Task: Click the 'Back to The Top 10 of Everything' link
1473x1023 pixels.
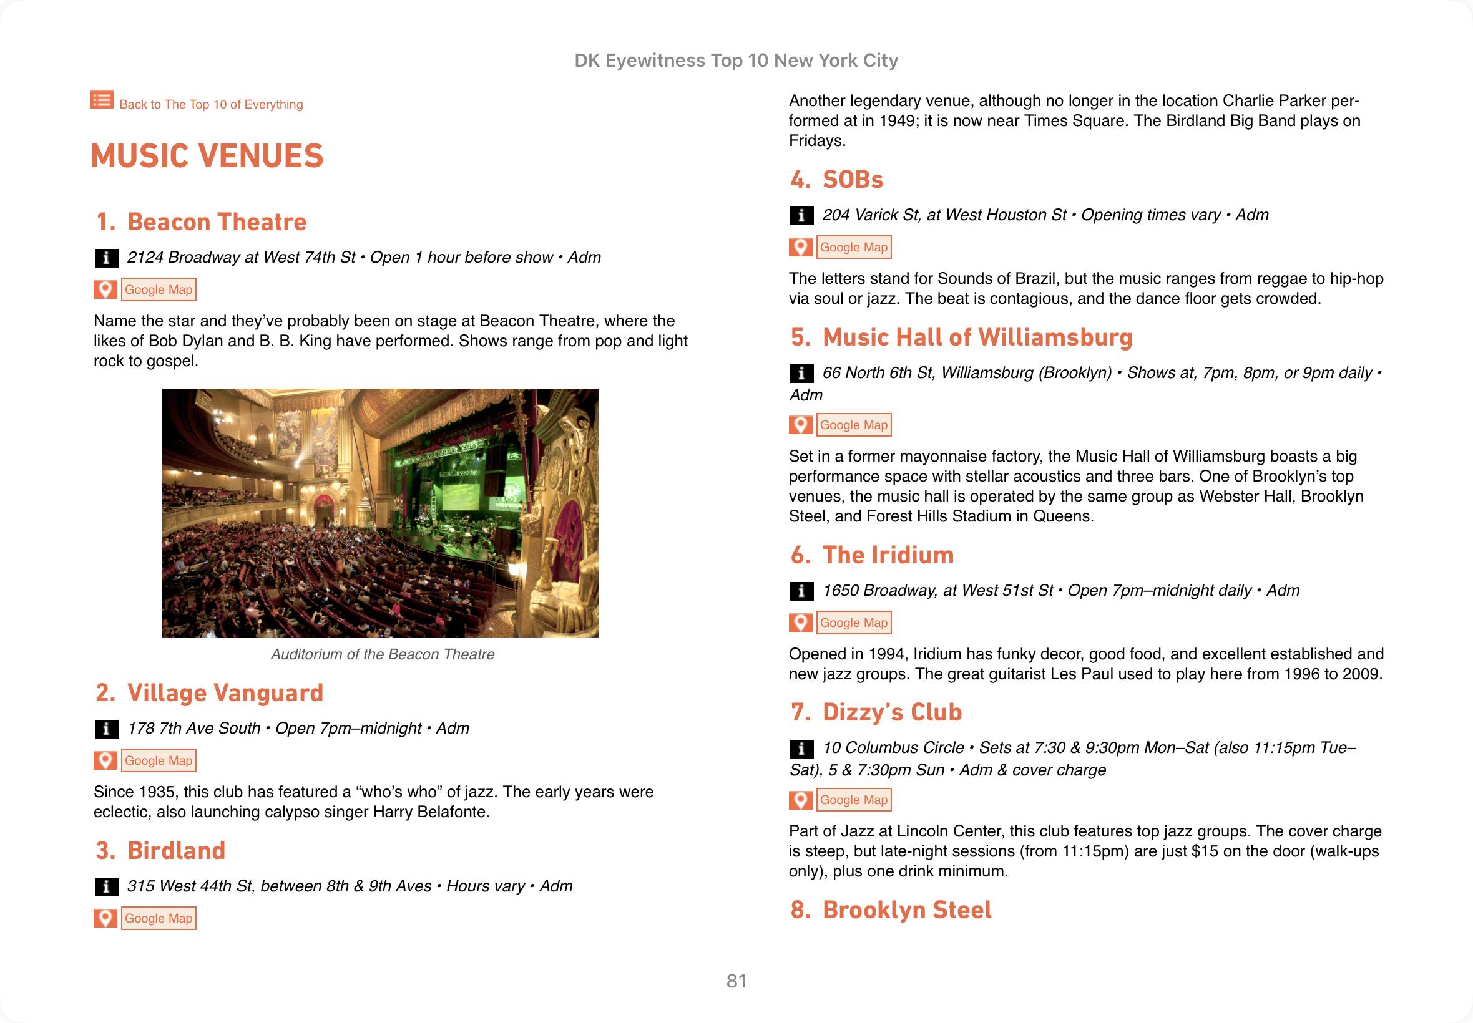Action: point(210,104)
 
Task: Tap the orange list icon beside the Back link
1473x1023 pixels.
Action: point(101,99)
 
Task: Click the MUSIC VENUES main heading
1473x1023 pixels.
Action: point(207,157)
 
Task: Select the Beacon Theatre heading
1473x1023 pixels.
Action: point(217,222)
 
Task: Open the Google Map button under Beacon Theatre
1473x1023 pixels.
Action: point(159,289)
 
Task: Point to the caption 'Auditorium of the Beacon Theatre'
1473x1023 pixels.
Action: point(382,654)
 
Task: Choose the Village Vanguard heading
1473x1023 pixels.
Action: point(225,693)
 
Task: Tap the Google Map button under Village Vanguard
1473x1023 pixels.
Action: point(159,761)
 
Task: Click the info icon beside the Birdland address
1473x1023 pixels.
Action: point(106,886)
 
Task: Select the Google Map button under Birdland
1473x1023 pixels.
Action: point(159,919)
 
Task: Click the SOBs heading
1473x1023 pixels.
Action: point(852,180)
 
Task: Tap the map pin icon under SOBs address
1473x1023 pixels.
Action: point(800,248)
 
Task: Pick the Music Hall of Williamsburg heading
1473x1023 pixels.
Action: point(977,338)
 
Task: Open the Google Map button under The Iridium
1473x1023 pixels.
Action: point(854,623)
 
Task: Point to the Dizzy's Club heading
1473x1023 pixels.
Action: point(891,712)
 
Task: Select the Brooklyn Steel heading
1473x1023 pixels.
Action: point(906,910)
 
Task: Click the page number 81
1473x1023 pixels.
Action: point(736,981)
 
